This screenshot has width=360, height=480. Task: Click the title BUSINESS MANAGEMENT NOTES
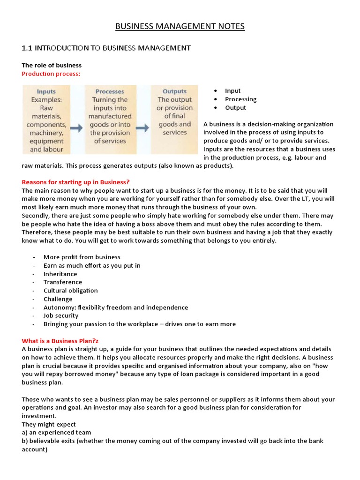[180, 26]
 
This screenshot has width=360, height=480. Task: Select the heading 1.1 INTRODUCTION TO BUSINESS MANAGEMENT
[106, 48]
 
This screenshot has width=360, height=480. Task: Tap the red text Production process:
[51, 74]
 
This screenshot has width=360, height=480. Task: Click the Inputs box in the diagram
[46, 120]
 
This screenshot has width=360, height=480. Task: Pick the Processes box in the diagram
[110, 120]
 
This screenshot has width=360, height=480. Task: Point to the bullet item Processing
[240, 99]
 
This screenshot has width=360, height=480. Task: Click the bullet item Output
[235, 108]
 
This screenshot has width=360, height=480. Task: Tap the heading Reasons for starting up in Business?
[75, 182]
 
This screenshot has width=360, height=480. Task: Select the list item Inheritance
[60, 274]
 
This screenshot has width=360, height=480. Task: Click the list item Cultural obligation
[70, 291]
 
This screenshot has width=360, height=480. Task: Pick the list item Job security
[61, 315]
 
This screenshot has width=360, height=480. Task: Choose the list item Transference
[62, 282]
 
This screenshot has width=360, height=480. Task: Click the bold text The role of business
[52, 65]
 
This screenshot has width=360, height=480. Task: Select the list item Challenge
[58, 299]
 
